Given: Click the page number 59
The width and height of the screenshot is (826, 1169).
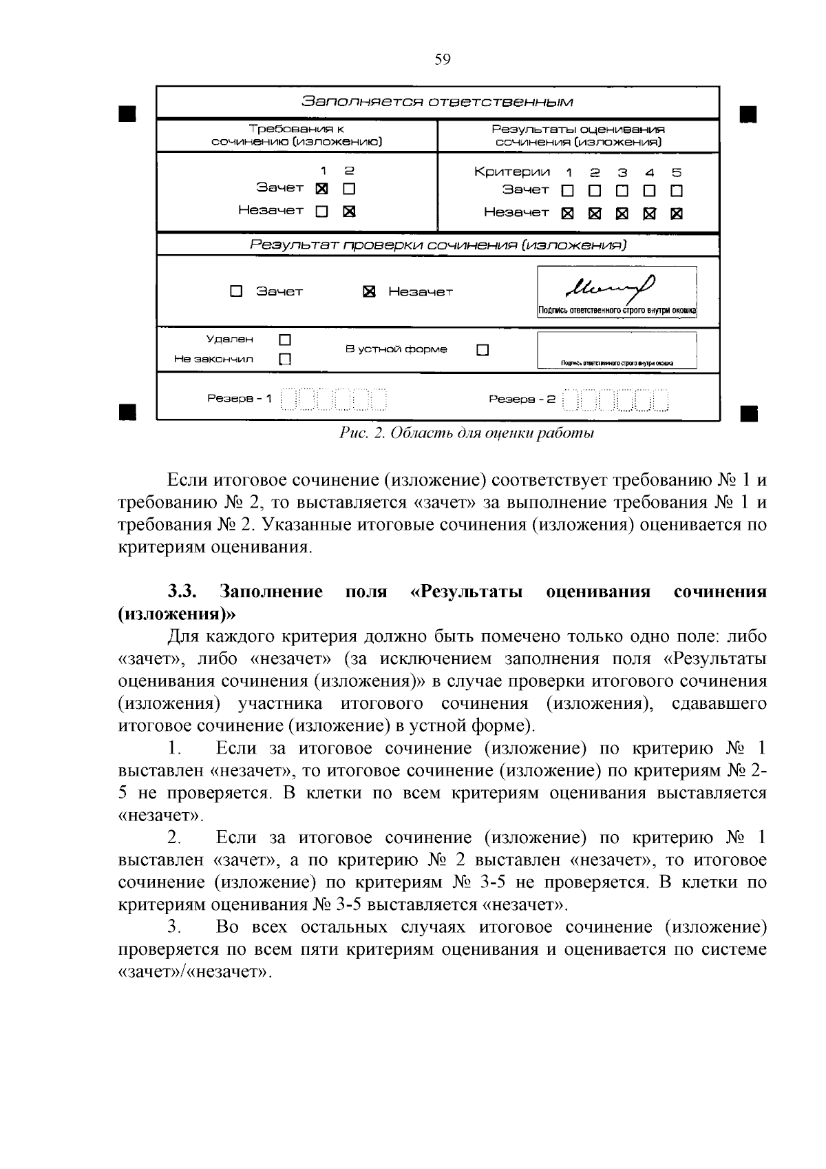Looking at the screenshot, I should [x=443, y=59].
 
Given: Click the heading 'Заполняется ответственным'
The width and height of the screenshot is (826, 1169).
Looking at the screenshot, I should [x=438, y=102].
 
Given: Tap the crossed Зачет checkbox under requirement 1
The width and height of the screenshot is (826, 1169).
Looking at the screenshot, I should [x=321, y=188].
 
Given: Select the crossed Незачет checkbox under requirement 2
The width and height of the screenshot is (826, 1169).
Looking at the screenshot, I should [x=349, y=211].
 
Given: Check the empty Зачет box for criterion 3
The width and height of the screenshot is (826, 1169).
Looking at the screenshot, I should [x=622, y=190].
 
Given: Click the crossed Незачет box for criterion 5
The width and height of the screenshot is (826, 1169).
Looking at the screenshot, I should [x=677, y=214].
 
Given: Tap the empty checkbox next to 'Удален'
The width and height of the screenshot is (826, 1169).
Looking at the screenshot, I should [x=285, y=340].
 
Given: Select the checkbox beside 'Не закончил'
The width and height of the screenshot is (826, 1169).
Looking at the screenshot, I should [x=285, y=359].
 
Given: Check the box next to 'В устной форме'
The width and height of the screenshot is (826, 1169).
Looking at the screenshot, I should [x=483, y=350].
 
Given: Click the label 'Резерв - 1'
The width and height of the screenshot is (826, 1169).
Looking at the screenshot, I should [x=240, y=399].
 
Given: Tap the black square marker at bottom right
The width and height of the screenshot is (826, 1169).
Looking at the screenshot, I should [x=748, y=413].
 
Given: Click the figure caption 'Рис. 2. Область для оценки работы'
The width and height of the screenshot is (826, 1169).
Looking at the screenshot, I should [x=467, y=433].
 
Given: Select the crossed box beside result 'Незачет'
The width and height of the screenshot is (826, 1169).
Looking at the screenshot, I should [x=369, y=292].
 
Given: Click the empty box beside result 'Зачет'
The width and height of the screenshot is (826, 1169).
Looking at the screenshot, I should [x=236, y=291].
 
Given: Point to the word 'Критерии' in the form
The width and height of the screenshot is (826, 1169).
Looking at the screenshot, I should [x=512, y=172].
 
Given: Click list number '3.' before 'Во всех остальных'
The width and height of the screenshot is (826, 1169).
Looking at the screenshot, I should [x=173, y=927].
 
